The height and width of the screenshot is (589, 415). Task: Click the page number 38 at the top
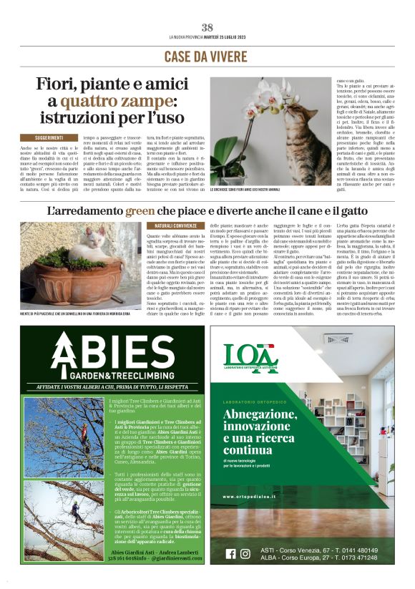[x=207, y=27]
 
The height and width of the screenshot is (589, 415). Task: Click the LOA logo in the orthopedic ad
[x=249, y=357]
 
